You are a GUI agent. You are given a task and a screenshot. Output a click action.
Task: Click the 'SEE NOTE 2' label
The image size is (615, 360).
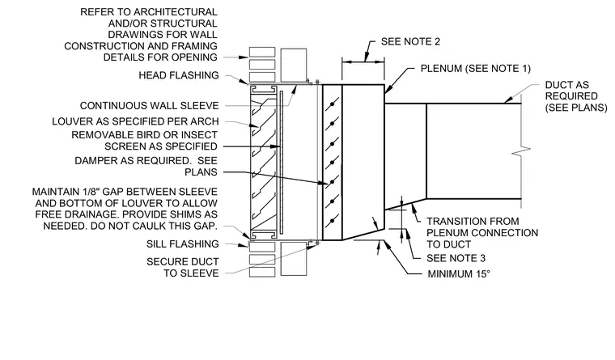pyautogui.click(x=410, y=41)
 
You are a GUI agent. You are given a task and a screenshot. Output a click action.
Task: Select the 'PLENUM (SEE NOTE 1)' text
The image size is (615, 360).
pyautogui.click(x=475, y=69)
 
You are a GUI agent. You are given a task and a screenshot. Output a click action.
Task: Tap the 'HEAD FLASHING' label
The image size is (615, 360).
pyautogui.click(x=179, y=75)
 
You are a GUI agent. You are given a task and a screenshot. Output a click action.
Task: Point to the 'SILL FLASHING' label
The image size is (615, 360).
pyautogui.click(x=182, y=244)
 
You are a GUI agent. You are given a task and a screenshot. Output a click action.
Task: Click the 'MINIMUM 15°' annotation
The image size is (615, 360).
pyautogui.click(x=459, y=273)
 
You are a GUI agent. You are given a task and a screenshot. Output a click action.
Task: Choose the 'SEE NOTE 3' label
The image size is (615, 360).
pyautogui.click(x=456, y=258)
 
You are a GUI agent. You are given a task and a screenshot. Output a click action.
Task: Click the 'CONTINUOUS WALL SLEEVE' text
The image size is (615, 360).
pyautogui.click(x=149, y=106)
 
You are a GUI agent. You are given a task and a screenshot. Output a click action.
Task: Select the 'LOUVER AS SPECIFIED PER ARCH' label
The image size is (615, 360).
pyautogui.click(x=135, y=121)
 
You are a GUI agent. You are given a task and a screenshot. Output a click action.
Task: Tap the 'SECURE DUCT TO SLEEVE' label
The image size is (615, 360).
pyautogui.click(x=182, y=268)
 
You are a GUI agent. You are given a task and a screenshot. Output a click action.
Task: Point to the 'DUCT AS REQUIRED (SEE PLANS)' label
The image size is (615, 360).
pyautogui.click(x=576, y=96)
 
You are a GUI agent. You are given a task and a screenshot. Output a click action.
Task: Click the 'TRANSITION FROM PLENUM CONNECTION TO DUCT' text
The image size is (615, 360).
pyautogui.click(x=482, y=232)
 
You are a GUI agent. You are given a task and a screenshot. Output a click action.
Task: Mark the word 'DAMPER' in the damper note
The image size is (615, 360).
pyautogui.click(x=94, y=161)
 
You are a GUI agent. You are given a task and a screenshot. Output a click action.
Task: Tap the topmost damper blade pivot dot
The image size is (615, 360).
pyautogui.click(x=333, y=104)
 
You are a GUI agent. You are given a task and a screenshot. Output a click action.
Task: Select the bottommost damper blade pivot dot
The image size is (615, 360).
pyautogui.click(x=333, y=221)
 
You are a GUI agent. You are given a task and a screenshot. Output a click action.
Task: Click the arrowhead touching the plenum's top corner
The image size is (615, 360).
pyautogui.click(x=388, y=90)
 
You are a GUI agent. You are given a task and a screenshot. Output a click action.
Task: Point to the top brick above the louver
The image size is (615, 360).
pyautogui.click(x=262, y=52)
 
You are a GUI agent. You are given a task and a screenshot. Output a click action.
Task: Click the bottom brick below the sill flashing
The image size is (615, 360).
pyautogui.click(x=262, y=272)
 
